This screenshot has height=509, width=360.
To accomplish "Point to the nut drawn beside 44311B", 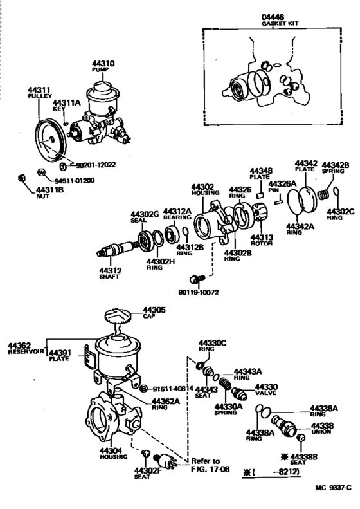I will tap(21, 177).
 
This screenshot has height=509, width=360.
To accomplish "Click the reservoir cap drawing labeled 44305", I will tap(116, 319).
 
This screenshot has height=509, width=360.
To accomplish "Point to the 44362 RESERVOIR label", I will tap(24, 348).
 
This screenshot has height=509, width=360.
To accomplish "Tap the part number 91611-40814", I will tap(174, 389).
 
